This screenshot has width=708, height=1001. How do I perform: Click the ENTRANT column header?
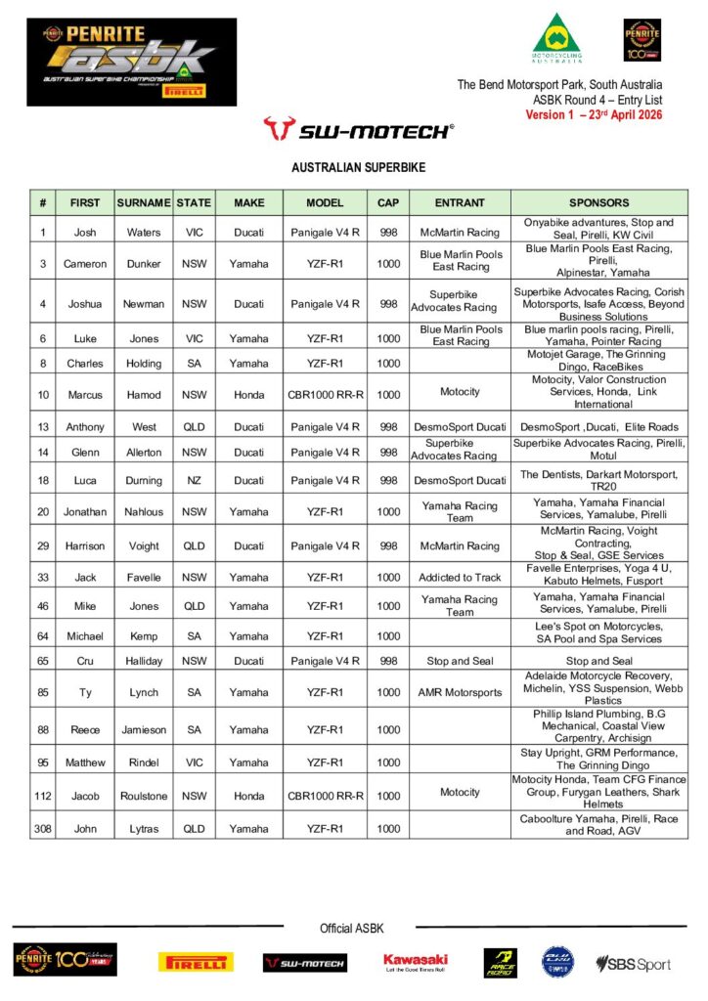460,203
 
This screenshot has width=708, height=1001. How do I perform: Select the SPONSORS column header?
598,203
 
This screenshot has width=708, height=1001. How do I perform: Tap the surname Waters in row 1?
144,233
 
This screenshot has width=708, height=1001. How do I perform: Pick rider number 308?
42,829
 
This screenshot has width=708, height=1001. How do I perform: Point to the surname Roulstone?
144,796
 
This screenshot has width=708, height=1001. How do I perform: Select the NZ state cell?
194,480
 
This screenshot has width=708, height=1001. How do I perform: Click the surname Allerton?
144,451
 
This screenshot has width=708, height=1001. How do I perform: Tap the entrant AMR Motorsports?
460,693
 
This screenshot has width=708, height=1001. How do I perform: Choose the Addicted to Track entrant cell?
460,578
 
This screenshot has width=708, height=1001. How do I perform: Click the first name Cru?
85,662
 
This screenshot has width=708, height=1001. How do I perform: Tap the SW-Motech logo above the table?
359,129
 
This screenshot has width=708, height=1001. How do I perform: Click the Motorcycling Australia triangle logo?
557,40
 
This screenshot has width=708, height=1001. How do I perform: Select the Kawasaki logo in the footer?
416,963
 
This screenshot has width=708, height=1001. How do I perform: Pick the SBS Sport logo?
634,964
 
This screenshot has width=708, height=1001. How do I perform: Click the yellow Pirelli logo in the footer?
196,963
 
